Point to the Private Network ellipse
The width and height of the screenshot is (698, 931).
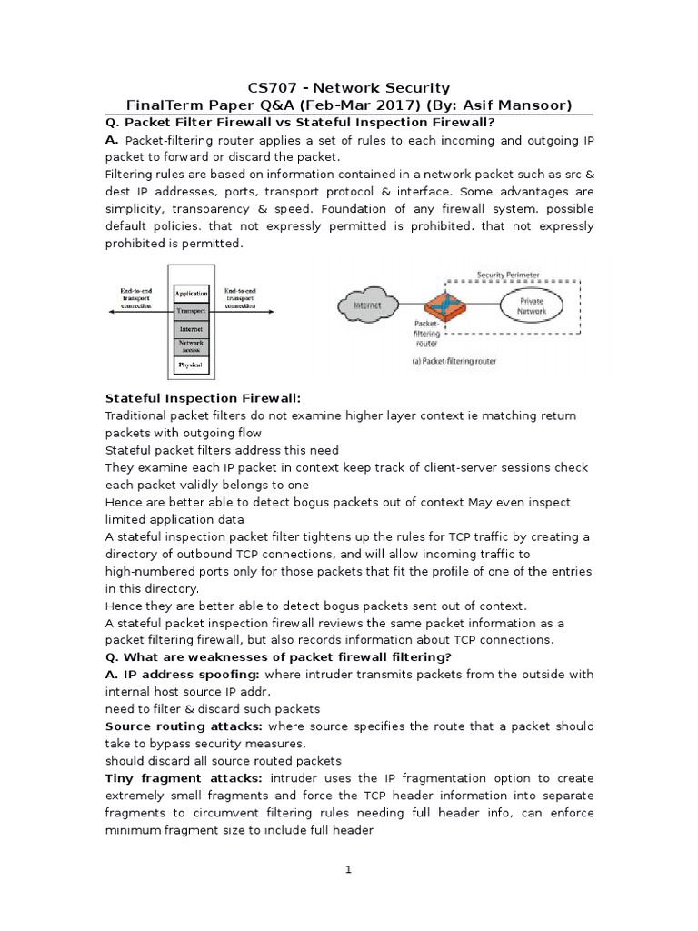pyautogui.click(x=532, y=305)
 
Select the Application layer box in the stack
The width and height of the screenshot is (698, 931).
pyautogui.click(x=192, y=293)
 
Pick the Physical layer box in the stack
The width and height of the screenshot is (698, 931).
pyautogui.click(x=192, y=365)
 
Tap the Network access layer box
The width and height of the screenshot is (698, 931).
pyautogui.click(x=192, y=345)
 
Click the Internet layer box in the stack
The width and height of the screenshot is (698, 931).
pyautogui.click(x=192, y=327)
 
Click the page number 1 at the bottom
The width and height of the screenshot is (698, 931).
pyautogui.click(x=347, y=869)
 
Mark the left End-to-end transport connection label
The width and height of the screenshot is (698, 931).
pyautogui.click(x=135, y=297)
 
